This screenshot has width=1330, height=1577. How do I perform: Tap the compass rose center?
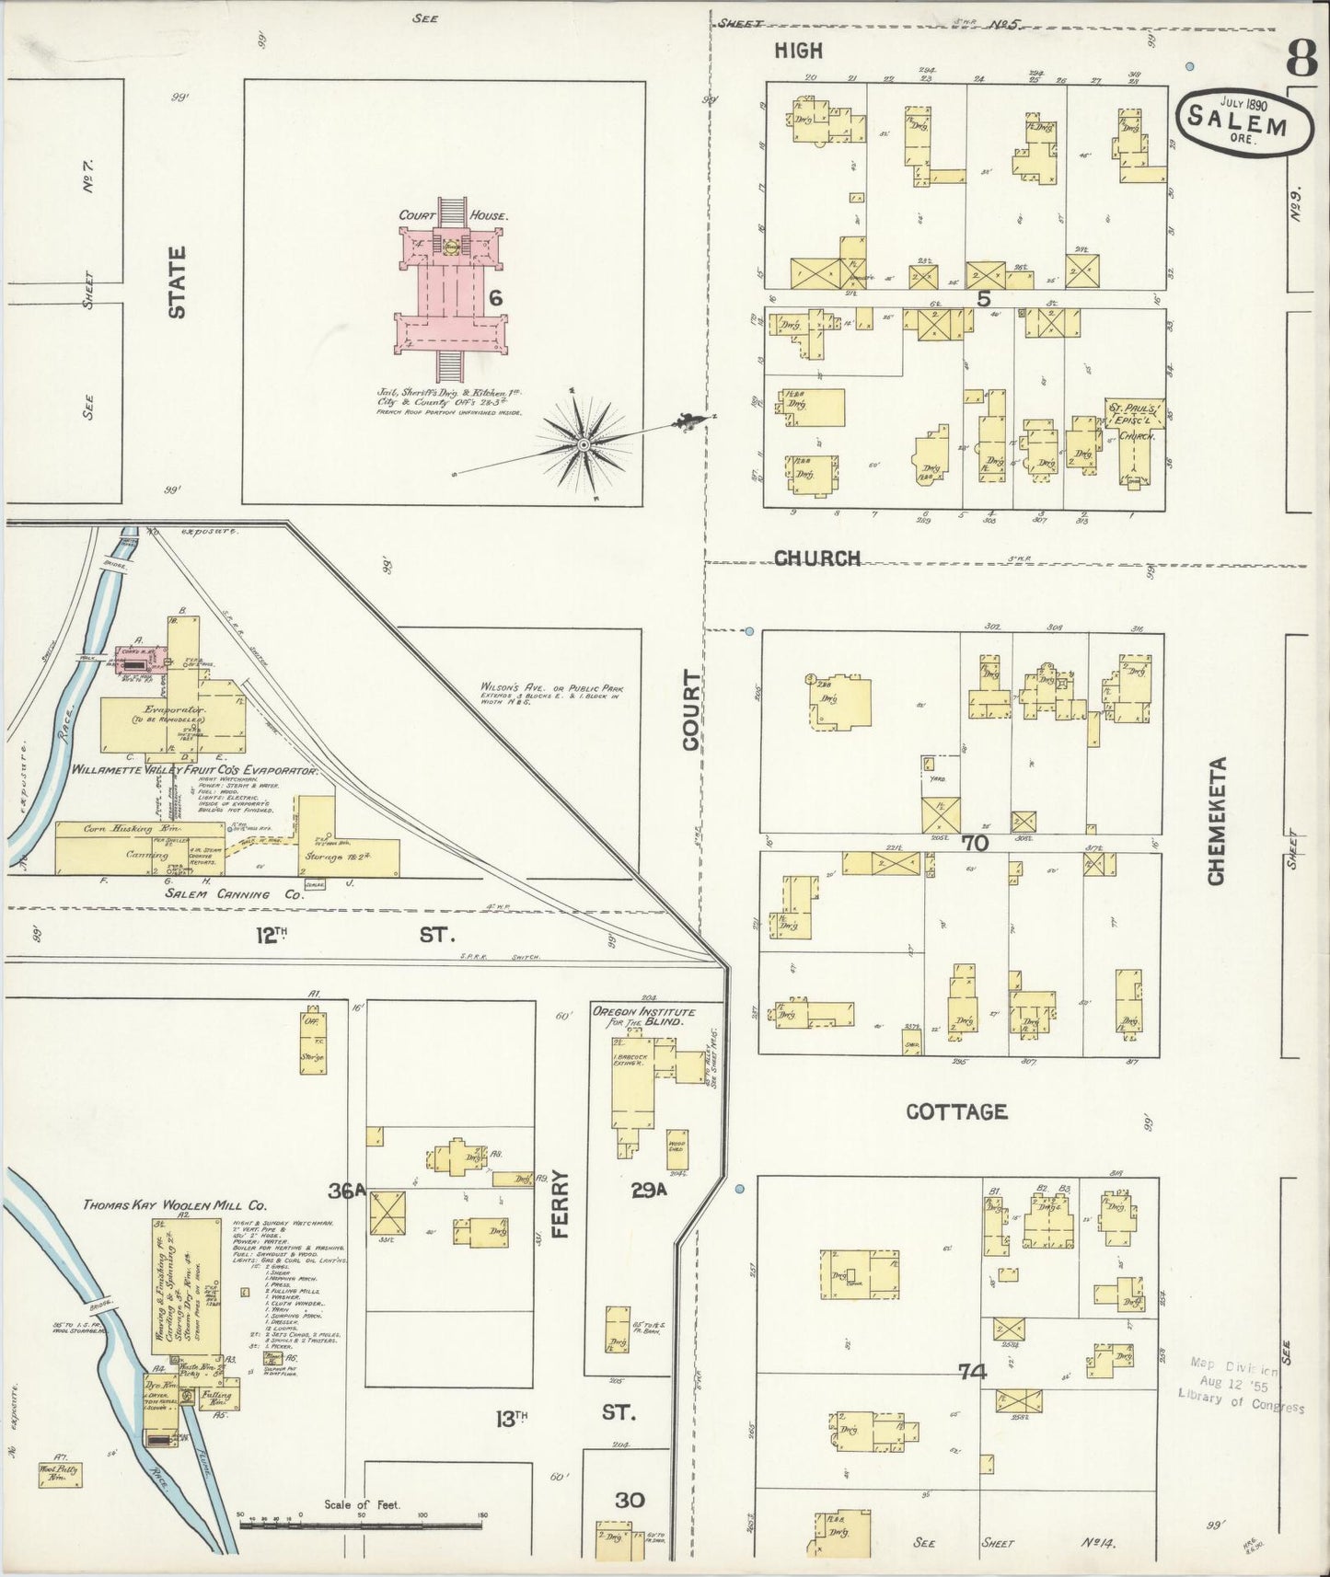(583, 444)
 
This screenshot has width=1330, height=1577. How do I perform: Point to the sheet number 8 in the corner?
(1301, 57)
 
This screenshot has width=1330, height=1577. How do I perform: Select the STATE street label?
(177, 282)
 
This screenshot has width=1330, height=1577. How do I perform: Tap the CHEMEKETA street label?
(1217, 822)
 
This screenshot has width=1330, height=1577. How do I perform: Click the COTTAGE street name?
(956, 1111)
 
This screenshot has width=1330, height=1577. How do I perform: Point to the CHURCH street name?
(817, 558)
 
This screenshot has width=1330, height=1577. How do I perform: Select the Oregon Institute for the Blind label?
(643, 1017)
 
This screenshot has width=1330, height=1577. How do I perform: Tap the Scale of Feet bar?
(359, 1525)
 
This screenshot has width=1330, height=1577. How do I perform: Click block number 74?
(972, 1372)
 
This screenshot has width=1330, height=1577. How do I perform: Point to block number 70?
(975, 843)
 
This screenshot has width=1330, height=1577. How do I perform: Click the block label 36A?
(348, 1191)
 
